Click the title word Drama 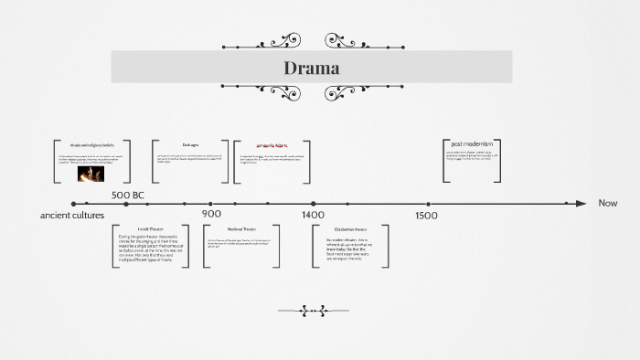point(311,68)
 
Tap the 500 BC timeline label point(128,196)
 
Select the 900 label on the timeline point(211,214)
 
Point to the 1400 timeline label point(313,215)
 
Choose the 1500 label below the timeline point(426,216)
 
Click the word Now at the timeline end point(608,203)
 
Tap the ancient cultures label point(72,215)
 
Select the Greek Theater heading point(150,228)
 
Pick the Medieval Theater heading point(241,228)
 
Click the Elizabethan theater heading point(350,228)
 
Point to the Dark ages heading point(190,144)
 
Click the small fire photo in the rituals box point(89,173)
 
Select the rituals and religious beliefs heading point(91,144)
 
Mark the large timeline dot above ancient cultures point(73,204)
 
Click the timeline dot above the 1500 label point(427,204)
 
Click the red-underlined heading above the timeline point(272,145)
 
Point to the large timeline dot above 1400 point(313,204)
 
